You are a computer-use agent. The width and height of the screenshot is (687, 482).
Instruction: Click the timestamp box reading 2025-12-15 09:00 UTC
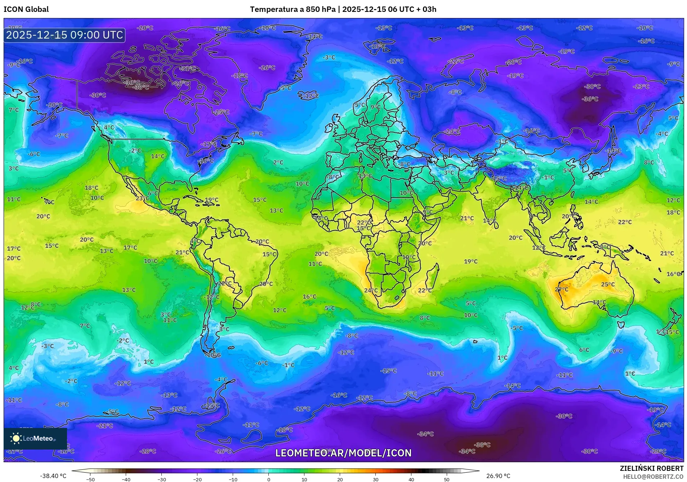click(x=64, y=35)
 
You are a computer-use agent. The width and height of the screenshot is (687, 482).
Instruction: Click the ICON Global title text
click(x=26, y=9)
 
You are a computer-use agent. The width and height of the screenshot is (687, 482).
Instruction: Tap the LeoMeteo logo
click(x=35, y=438)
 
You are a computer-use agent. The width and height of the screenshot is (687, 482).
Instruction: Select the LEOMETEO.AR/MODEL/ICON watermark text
click(x=343, y=453)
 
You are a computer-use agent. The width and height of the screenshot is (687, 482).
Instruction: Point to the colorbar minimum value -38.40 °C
click(x=53, y=476)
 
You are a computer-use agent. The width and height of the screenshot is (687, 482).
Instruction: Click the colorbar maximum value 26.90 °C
click(x=498, y=476)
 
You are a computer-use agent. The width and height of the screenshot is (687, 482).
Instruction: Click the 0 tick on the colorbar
click(x=269, y=479)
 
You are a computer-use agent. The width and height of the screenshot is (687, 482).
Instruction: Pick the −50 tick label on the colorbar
click(x=90, y=479)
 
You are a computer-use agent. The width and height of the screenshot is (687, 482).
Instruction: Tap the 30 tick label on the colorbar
click(x=375, y=479)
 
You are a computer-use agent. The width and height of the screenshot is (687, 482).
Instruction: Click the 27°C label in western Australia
click(x=561, y=289)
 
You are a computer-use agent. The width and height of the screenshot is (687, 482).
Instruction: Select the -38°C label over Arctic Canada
click(x=141, y=87)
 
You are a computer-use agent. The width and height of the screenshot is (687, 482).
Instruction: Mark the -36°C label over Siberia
click(x=590, y=99)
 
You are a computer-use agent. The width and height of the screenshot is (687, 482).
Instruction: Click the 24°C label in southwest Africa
click(x=371, y=290)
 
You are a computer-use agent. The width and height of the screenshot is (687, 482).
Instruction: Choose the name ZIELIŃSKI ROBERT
click(x=651, y=468)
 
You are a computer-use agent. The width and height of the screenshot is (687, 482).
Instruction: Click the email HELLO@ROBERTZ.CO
click(x=653, y=477)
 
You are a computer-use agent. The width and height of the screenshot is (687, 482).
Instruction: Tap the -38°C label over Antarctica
click(x=482, y=445)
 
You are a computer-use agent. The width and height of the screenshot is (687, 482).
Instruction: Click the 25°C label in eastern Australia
click(x=608, y=284)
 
